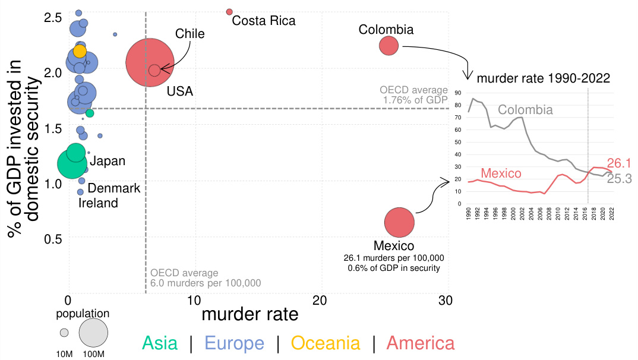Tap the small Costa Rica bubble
[229, 12]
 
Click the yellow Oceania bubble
[80, 52]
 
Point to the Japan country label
[108, 160]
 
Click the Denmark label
[114, 188]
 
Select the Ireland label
[98, 203]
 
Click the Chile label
[189, 34]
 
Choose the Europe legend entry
[234, 343]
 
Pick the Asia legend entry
[159, 343]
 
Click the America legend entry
[421, 343]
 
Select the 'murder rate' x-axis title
[250, 314]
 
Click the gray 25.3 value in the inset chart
[619, 178]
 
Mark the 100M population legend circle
[93, 333]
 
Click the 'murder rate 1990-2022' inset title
[543, 78]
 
